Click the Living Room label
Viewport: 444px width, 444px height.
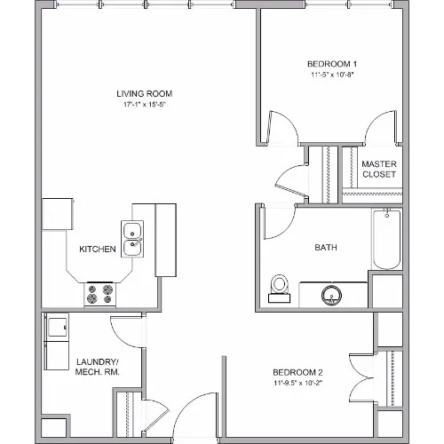[x=145, y=94]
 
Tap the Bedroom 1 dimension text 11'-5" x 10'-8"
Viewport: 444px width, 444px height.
[x=332, y=75]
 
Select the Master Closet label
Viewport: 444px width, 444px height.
[x=379, y=170]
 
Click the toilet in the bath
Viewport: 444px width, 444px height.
[x=279, y=289]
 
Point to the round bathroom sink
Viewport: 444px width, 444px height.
[x=331, y=295]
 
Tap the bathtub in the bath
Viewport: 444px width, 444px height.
[x=386, y=239]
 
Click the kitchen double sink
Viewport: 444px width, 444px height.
[x=132, y=239]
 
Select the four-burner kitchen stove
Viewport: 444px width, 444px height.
[x=99, y=295]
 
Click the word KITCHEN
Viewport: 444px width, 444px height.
[x=98, y=250]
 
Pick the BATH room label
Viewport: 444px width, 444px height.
[x=326, y=248]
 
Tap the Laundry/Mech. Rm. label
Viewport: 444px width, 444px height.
[x=98, y=367]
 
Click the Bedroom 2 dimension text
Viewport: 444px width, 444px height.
[x=297, y=383]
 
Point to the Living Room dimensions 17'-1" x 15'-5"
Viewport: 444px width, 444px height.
[x=144, y=105]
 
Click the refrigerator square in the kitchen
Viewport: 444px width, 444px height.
[x=58, y=214]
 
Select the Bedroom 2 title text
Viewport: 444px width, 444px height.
[x=297, y=372]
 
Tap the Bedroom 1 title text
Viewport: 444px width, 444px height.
[x=332, y=64]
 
